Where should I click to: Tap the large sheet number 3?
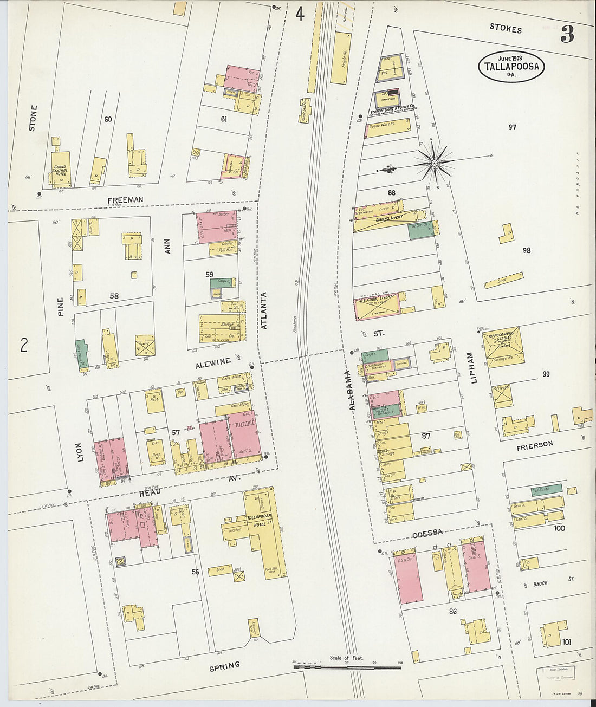(x=567, y=35)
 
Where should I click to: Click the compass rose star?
(x=435, y=161)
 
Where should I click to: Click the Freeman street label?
(x=125, y=200)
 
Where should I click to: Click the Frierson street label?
(x=534, y=444)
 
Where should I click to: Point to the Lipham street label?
(x=470, y=368)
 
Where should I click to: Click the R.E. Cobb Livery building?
(x=377, y=305)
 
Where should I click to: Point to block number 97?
(x=512, y=128)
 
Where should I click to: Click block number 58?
(x=114, y=296)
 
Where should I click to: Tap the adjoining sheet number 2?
(x=24, y=345)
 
